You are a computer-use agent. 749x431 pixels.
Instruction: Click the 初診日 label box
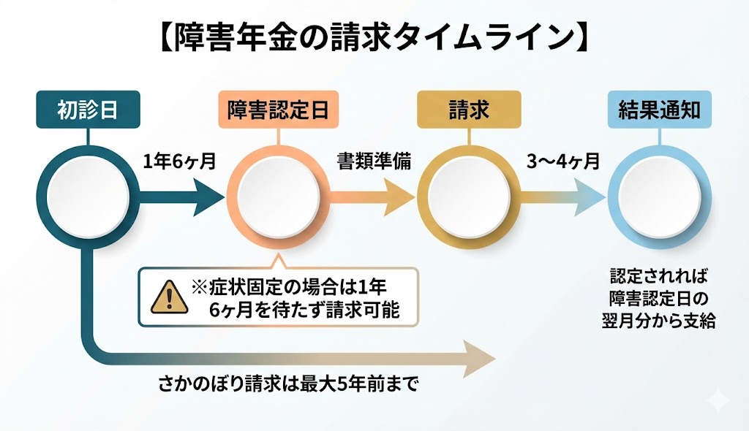pyautogui.click(x=88, y=110)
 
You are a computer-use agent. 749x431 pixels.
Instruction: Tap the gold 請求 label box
pyautogui.click(x=468, y=110)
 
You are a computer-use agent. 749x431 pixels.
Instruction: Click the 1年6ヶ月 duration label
pyautogui.click(x=179, y=161)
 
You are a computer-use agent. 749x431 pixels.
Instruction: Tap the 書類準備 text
pyautogui.click(x=373, y=161)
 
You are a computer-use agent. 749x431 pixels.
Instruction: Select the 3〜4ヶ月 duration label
pyautogui.click(x=563, y=161)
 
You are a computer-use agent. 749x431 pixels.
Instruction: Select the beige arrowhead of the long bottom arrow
pyautogui.click(x=479, y=359)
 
